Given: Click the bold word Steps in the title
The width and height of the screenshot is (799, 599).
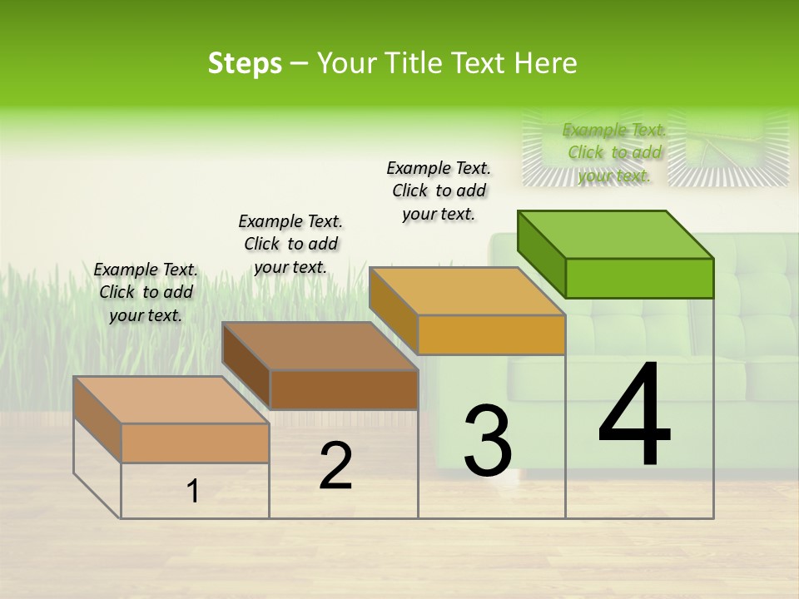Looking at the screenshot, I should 245,63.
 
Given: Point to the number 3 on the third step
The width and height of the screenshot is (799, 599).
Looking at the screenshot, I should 488,441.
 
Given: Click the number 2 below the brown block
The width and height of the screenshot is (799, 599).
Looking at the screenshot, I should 335,467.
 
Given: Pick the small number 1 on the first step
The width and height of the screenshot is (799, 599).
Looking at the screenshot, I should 193,492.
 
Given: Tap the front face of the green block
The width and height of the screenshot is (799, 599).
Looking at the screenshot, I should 639,278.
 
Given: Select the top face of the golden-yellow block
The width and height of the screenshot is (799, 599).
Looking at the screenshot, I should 468,291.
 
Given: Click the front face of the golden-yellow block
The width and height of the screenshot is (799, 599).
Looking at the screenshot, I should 491,334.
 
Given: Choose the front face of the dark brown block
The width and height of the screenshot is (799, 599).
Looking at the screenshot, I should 344,389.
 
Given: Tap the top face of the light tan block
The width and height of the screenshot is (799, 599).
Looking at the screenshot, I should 171,400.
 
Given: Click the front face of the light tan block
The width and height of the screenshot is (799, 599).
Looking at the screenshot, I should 195,443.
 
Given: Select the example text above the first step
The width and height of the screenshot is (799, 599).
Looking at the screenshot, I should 146,292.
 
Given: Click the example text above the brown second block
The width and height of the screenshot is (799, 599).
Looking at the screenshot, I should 290,244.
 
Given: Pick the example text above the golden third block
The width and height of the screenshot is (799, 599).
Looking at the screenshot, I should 439,191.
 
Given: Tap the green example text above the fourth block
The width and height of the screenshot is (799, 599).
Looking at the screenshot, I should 614,152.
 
